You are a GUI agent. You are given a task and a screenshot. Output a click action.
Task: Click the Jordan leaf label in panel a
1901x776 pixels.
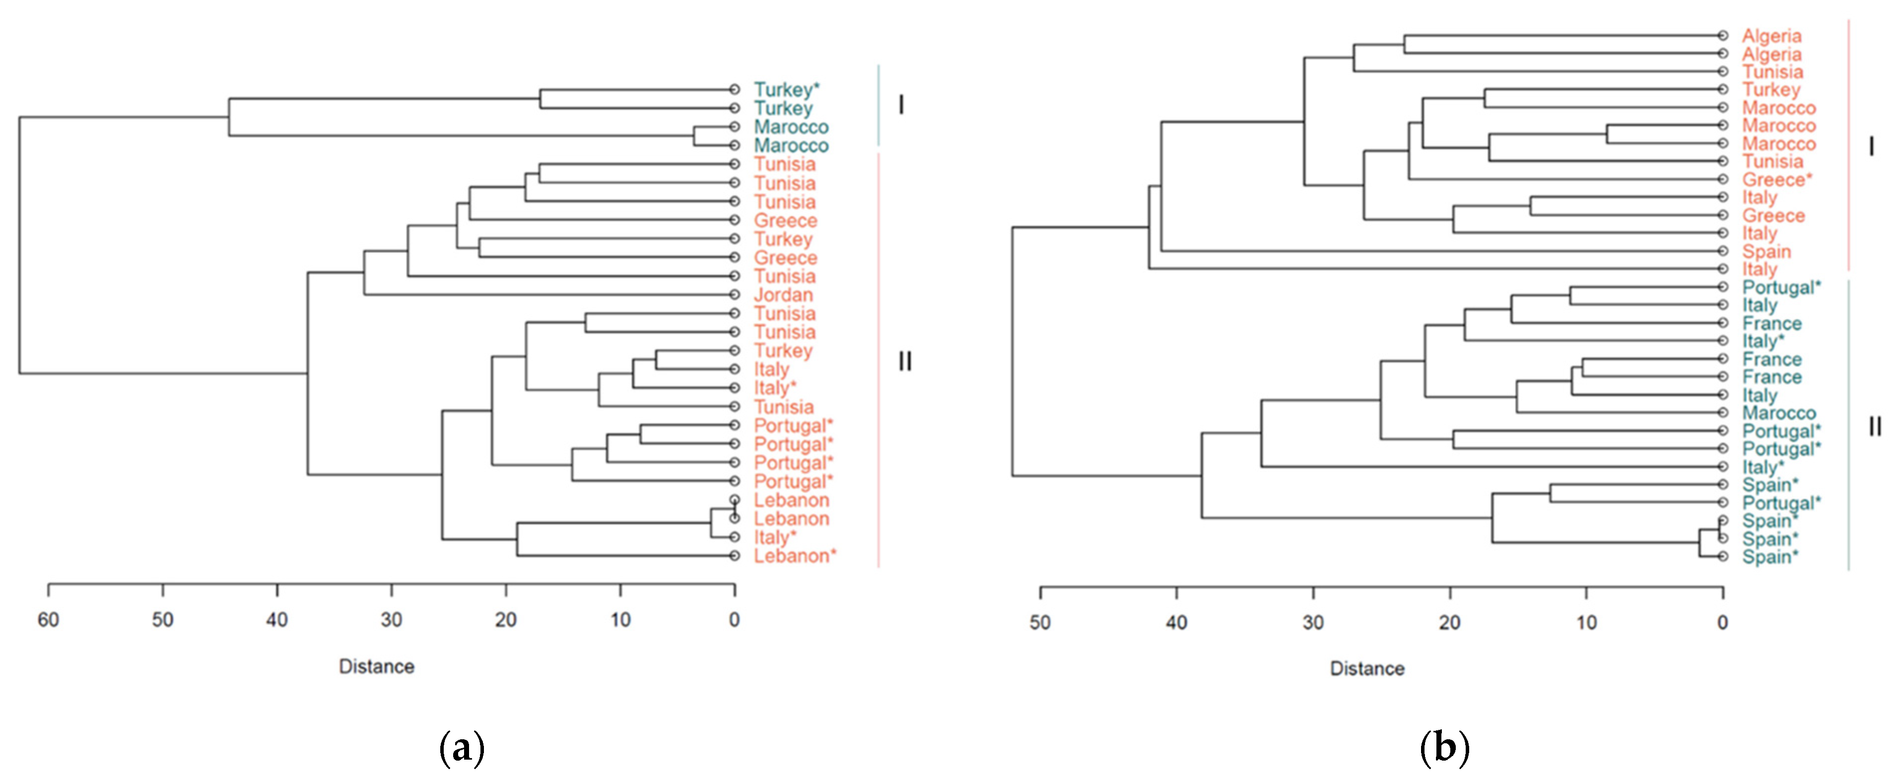[783, 295]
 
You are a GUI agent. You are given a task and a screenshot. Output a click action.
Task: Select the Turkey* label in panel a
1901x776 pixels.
[786, 90]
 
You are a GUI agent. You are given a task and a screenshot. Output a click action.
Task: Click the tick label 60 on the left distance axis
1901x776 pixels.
[48, 620]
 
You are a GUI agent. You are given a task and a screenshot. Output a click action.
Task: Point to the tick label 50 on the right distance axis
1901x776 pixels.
[1040, 623]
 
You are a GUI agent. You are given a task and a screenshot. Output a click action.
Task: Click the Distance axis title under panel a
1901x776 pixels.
[376, 667]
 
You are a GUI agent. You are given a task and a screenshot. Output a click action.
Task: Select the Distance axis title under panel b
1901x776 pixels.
[1367, 669]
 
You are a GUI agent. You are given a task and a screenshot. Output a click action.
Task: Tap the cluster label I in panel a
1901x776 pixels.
[900, 106]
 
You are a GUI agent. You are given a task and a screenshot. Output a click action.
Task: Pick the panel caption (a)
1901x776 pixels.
[462, 748]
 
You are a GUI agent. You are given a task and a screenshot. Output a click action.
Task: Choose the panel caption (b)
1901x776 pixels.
[1444, 748]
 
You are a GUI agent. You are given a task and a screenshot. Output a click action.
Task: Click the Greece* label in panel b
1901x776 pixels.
[1777, 180]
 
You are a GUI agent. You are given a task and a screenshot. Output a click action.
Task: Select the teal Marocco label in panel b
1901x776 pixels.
[1778, 413]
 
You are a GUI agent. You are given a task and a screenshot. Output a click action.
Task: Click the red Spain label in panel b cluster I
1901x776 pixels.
[1766, 252]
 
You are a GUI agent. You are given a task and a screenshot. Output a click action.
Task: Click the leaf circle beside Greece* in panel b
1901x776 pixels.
[1722, 179]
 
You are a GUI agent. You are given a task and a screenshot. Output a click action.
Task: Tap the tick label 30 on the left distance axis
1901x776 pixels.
[391, 620]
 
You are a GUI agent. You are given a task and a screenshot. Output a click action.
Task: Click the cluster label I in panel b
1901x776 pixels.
[1871, 147]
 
